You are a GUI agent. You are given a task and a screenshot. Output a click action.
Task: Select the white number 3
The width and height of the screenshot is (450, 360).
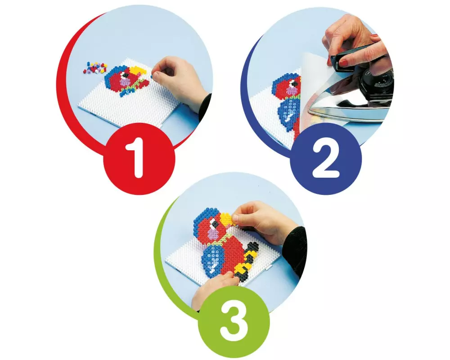click(x=234, y=322)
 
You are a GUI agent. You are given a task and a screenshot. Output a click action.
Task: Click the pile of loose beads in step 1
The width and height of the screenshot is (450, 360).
click(x=94, y=67)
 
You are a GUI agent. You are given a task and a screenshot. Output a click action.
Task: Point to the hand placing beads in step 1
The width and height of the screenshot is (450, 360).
click(x=178, y=83)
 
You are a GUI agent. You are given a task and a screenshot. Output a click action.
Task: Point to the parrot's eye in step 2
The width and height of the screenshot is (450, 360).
click(x=293, y=84)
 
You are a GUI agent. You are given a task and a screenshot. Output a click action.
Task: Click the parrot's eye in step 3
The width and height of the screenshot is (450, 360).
click(x=213, y=223)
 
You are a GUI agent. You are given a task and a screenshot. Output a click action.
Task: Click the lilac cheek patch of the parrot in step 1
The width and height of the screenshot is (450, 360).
click(x=124, y=83)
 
